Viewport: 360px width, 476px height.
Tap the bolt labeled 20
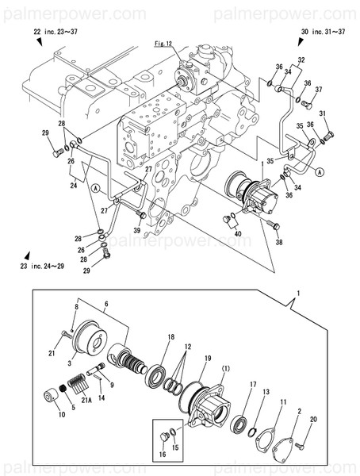(304, 448)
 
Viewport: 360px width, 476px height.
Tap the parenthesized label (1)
(225, 369)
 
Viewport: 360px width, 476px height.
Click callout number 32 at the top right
(301, 60)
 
